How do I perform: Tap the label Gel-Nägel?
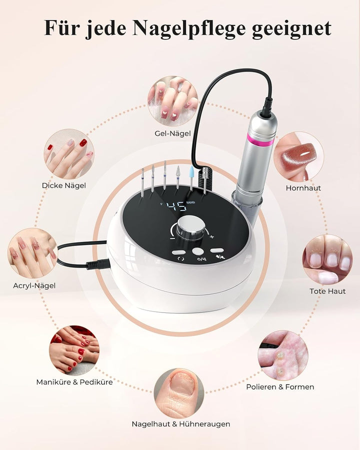172,133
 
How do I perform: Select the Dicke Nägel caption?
63,185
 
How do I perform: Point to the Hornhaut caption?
303,188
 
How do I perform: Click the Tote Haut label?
327,291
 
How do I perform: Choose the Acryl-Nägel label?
34,285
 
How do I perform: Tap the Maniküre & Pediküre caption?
74,382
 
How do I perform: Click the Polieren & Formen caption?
280,387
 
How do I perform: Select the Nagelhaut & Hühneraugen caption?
181,424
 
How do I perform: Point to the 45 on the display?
176,206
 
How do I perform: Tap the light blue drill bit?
191,177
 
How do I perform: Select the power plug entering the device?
98,264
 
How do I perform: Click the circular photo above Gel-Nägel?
173,101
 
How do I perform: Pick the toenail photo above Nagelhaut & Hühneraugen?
179,393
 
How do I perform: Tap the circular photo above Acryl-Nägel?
32,253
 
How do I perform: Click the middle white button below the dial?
198,251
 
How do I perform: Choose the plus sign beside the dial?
212,237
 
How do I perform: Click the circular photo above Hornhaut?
298,156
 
